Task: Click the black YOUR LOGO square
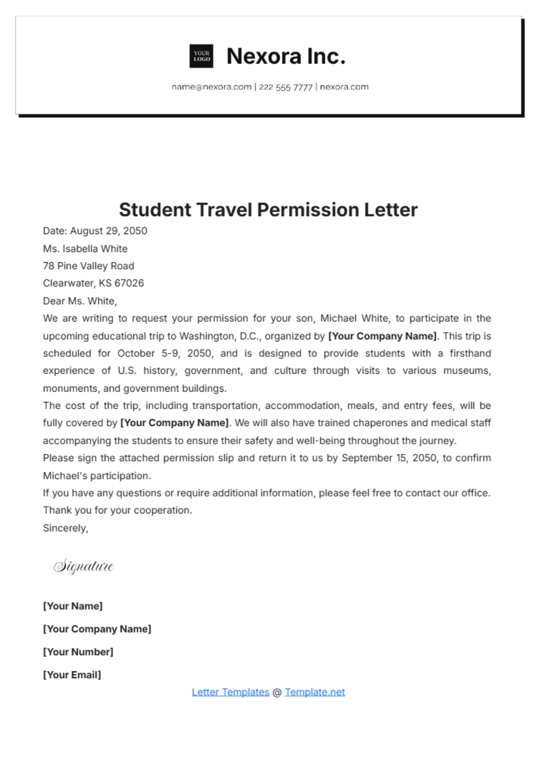pos(201,56)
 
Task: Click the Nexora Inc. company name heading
pos(286,56)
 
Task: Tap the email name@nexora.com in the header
pos(212,87)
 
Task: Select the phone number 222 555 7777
pos(286,87)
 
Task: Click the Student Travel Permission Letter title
pos(268,209)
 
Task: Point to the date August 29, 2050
pos(109,231)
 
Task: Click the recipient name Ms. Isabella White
pos(85,248)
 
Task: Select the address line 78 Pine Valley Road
pos(89,266)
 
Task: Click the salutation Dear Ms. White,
pos(80,301)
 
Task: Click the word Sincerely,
pos(65,528)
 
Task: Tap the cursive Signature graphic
pos(84,566)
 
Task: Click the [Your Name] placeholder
pos(72,606)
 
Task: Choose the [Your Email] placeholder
pos(72,675)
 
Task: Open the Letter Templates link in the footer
pos(230,692)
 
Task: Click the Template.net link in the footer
pos(315,692)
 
